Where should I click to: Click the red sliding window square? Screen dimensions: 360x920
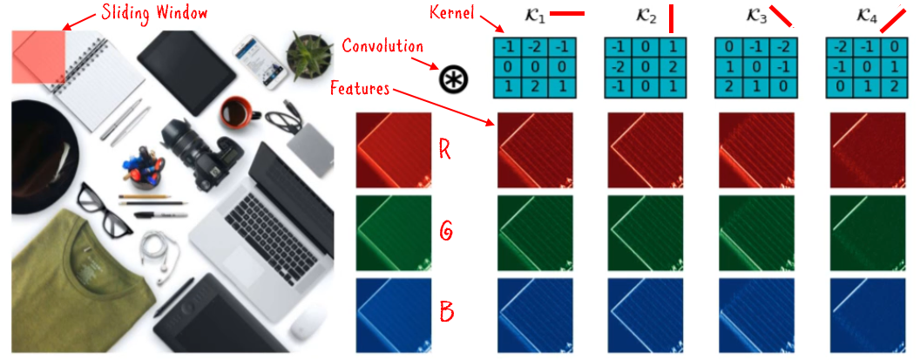[39, 58]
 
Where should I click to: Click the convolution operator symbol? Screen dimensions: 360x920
[453, 79]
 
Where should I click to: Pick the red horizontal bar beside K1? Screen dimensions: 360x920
[567, 14]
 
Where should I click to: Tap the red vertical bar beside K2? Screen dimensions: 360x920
[672, 17]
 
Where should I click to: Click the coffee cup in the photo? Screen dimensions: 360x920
[236, 112]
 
